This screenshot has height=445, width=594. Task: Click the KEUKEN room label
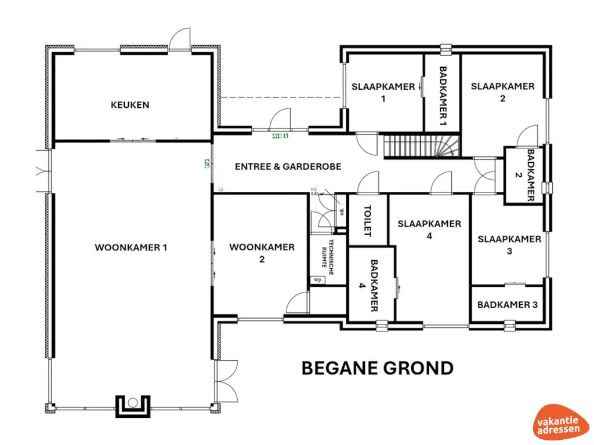tap(130, 105)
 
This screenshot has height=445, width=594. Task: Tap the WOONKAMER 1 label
tap(131, 247)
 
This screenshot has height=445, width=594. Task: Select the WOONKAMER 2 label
tap(262, 253)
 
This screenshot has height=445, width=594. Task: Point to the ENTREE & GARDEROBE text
tap(288, 166)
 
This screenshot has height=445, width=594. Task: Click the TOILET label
tap(367, 220)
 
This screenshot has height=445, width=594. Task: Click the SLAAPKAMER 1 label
tap(383, 92)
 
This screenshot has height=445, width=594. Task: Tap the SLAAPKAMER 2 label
tap(502, 92)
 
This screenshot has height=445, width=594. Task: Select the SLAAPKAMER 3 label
tap(509, 245)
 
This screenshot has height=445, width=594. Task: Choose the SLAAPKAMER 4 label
tap(429, 229)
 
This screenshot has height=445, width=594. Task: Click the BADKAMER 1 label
tap(443, 96)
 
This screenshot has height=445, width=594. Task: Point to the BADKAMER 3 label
tap(507, 304)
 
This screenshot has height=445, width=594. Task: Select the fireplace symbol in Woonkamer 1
tap(133, 404)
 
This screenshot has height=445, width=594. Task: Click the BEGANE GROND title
tap(377, 369)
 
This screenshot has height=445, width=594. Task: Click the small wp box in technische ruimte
tap(317, 280)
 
